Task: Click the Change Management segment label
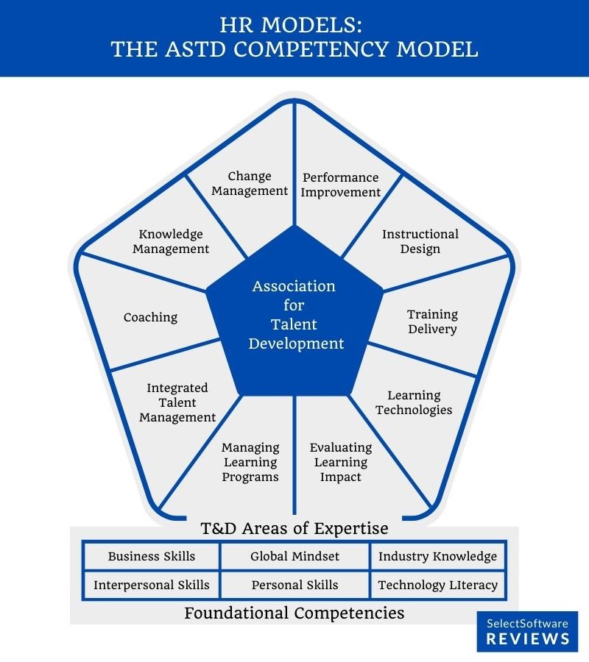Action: coord(250,184)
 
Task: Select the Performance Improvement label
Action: coord(341,185)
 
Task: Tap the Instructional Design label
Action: coord(420,241)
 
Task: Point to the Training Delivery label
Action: coord(432,321)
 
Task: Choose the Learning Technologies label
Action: coord(414,402)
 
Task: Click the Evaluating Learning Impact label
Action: coord(340,462)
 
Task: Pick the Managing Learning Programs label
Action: coord(250,462)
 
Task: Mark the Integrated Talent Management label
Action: coord(177,402)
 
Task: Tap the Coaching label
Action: coord(150,317)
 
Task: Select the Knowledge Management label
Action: coord(171,241)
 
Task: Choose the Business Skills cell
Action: coord(152,556)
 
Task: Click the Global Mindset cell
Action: coord(294,556)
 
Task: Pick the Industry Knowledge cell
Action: coord(437,556)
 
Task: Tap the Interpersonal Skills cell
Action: coord(152,586)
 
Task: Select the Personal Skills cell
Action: coord(294,586)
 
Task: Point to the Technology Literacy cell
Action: coord(437,586)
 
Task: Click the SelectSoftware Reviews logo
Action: coord(528,631)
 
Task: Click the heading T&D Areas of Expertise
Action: coord(294,528)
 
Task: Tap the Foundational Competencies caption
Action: coord(294,612)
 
